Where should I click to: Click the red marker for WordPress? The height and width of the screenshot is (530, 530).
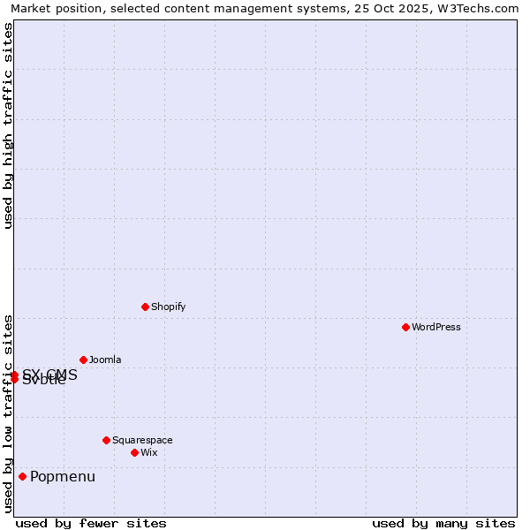pyautogui.click(x=405, y=327)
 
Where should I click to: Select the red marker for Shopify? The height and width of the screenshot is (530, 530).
pyautogui.click(x=145, y=307)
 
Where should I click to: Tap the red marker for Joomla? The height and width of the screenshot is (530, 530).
pyautogui.click(x=83, y=360)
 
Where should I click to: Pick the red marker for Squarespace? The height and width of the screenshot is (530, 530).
pyautogui.click(x=106, y=440)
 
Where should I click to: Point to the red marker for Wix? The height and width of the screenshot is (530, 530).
pyautogui.click(x=134, y=452)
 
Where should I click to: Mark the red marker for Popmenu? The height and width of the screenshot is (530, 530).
pyautogui.click(x=22, y=477)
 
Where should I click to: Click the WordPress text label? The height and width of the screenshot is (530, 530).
pyautogui.click(x=436, y=327)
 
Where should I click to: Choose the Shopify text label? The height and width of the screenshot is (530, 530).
pyautogui.click(x=168, y=307)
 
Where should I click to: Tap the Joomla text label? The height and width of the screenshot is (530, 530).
pyautogui.click(x=105, y=360)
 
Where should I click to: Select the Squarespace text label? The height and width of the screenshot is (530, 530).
pyautogui.click(x=142, y=440)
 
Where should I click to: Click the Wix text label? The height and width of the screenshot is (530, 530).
pyautogui.click(x=148, y=452)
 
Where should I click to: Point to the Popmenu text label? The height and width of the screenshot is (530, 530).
pyautogui.click(x=63, y=477)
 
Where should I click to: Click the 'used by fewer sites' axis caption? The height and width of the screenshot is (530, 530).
pyautogui.click(x=91, y=523)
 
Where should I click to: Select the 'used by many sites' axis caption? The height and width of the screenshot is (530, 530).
pyautogui.click(x=443, y=523)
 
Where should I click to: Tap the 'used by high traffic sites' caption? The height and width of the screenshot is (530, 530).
pyautogui.click(x=8, y=125)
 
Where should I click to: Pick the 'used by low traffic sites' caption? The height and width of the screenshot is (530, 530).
pyautogui.click(x=8, y=413)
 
